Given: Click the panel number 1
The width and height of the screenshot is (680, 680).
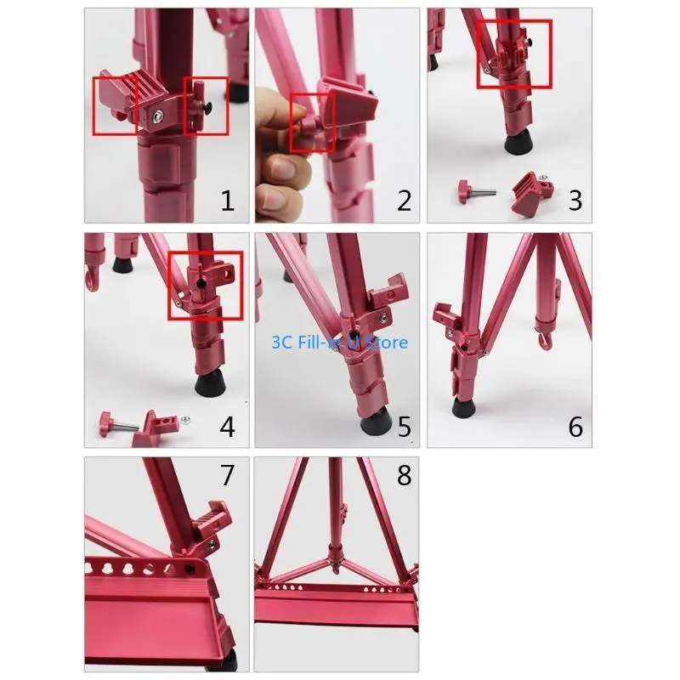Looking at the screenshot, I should pyautogui.click(x=227, y=201).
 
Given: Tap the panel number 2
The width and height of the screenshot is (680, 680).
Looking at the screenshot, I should pyautogui.click(x=404, y=201).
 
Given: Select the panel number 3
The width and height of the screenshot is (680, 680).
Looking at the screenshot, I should pyautogui.click(x=575, y=201).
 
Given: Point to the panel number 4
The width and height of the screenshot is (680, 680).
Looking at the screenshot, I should pyautogui.click(x=227, y=425).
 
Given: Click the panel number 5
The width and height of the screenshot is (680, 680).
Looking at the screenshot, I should pyautogui.click(x=404, y=425).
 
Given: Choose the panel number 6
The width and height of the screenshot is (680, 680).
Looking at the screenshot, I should pyautogui.click(x=575, y=425).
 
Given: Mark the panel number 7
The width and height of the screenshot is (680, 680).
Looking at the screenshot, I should pyautogui.click(x=227, y=476).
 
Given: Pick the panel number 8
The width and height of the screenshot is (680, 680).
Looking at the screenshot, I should pyautogui.click(x=404, y=476).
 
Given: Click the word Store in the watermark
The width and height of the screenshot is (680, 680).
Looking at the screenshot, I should pyautogui.click(x=388, y=343).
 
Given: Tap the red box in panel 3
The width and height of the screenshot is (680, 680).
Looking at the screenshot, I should pyautogui.click(x=514, y=53).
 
